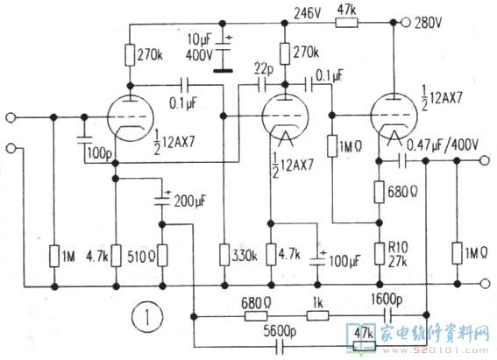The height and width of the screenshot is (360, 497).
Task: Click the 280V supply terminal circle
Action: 405,23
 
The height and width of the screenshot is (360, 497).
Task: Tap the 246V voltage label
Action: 308,14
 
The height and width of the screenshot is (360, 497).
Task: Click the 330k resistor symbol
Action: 224,255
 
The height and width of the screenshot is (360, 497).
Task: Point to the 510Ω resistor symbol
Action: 163,255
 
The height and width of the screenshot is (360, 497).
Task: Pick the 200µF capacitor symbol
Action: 162,201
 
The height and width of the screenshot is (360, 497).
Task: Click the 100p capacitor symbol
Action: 84,140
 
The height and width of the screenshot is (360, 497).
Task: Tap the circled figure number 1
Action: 147,316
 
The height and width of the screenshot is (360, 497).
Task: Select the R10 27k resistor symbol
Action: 380,254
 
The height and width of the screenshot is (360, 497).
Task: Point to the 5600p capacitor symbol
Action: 280,346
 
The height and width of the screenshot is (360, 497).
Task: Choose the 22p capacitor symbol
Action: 262,85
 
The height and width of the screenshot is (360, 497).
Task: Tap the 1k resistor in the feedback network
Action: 317,315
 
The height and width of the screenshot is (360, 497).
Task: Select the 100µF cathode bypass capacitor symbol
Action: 316,258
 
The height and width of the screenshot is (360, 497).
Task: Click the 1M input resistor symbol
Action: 54,255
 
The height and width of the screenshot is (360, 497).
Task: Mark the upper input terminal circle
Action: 11,117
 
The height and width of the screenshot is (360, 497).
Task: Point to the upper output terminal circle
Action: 484,161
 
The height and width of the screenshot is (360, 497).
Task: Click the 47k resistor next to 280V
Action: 347,23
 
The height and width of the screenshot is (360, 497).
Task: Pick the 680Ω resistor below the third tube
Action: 379,192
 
